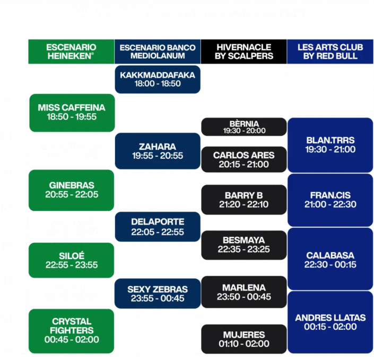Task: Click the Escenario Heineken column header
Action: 71,52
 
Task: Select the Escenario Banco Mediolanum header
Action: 158,52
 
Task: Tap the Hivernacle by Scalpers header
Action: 244,52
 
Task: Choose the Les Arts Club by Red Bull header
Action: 330,52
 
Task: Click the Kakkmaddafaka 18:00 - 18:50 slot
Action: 158,80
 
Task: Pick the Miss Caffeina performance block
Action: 72,113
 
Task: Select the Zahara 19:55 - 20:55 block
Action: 158,151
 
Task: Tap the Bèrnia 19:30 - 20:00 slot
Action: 244,126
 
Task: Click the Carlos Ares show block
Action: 244,159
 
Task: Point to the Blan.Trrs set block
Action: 330,144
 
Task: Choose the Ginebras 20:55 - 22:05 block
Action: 72,190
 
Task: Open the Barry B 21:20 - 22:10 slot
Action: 244,200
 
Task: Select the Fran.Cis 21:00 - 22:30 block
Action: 330,200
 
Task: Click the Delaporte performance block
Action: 158,227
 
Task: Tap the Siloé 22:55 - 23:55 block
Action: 72,260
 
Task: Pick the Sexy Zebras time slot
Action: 158,294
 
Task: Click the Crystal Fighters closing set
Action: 72,331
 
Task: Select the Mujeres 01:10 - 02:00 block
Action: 244,339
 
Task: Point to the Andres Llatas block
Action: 330,322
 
